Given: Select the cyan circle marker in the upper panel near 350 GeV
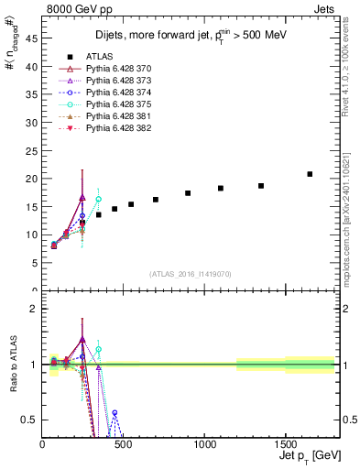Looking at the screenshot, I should [x=98, y=199].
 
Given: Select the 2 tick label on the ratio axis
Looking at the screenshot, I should [x=33, y=309].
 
